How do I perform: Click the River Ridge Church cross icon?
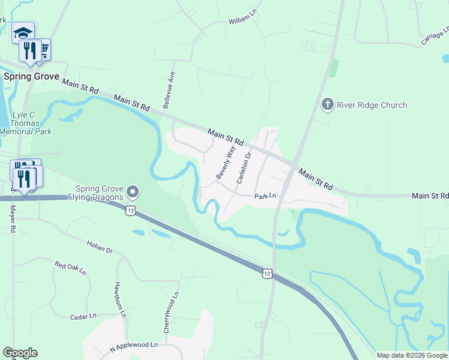pyautogui.click(x=327, y=105)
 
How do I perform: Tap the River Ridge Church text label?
pyautogui.click(x=372, y=105)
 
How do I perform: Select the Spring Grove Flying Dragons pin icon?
pyautogui.click(x=133, y=192)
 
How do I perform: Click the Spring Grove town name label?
pyautogui.click(x=31, y=76)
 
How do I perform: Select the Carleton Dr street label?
pyautogui.click(x=243, y=167)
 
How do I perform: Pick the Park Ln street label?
pyautogui.click(x=265, y=196)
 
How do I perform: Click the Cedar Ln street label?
pyautogui.click(x=83, y=316)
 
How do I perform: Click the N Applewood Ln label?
pyautogui.click(x=133, y=346)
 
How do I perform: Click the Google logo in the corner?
pyautogui.click(x=20, y=353)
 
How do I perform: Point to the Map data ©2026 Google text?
pyautogui.click(x=412, y=355)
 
